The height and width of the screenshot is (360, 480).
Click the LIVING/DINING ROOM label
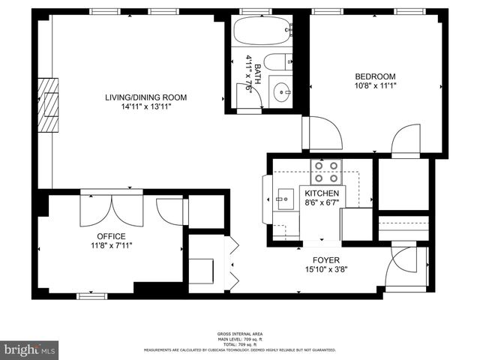pos(145,97)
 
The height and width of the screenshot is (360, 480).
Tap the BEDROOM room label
pos(375,76)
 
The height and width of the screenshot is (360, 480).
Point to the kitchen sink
pos(284,199)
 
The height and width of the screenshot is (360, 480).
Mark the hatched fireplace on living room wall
pos(50,103)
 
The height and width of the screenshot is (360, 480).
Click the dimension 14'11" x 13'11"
pos(145,107)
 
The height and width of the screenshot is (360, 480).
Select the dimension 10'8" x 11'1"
pos(375,86)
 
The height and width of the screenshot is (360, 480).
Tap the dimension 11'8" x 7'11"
pos(111,245)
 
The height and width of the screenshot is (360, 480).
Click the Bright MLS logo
pos(30,349)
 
